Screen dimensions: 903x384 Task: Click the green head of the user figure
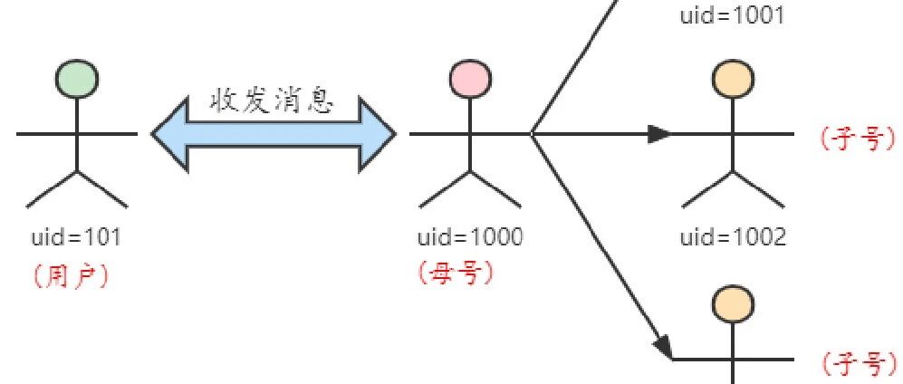click(x=77, y=78)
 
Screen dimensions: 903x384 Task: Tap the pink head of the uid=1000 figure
click(x=470, y=78)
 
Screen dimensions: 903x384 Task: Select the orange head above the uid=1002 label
click(x=733, y=78)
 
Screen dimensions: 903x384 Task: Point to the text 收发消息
click(x=272, y=101)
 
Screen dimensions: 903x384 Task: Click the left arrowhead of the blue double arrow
click(x=170, y=134)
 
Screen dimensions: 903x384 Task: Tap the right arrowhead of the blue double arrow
click(x=378, y=134)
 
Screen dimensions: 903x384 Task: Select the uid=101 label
click(x=77, y=236)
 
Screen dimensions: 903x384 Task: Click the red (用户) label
click(x=72, y=277)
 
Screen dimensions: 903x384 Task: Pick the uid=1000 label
click(x=470, y=236)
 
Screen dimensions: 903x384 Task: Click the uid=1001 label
click(x=733, y=15)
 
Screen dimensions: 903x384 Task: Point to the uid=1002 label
click(x=733, y=236)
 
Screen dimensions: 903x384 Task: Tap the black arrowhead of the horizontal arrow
click(x=660, y=134)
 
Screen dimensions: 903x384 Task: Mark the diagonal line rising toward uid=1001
click(x=575, y=66)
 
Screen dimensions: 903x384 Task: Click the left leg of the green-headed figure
click(x=52, y=189)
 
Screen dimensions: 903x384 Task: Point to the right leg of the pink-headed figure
click(x=495, y=189)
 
